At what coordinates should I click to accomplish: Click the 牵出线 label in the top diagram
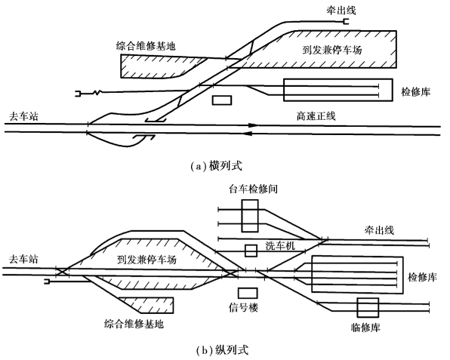coord(341,11)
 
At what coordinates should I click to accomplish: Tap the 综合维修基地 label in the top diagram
coord(146,46)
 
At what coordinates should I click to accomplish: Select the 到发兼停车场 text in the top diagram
coord(332,50)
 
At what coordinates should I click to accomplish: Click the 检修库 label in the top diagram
coord(416,92)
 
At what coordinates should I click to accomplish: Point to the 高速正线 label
coord(316,116)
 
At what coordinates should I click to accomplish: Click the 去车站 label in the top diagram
coord(23,116)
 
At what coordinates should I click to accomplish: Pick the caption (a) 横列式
coord(217,166)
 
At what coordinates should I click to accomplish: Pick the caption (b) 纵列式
coord(223,350)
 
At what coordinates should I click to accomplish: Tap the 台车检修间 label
coord(253,189)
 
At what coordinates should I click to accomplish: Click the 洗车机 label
coord(280,246)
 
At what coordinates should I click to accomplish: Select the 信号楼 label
coord(243,307)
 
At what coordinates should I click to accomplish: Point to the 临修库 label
coord(365,328)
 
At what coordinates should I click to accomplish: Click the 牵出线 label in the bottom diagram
coord(379,230)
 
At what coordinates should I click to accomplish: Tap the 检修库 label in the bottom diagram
coord(423,277)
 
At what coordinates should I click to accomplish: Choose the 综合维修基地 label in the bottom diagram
coord(134,324)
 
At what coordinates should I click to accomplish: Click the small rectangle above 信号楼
coord(248,293)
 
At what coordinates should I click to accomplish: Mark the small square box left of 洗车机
coord(251,251)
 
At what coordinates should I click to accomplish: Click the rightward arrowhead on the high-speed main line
coord(254,125)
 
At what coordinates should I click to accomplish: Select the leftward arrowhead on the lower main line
coord(248,134)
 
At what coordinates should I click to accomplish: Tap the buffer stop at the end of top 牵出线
coord(346,22)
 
